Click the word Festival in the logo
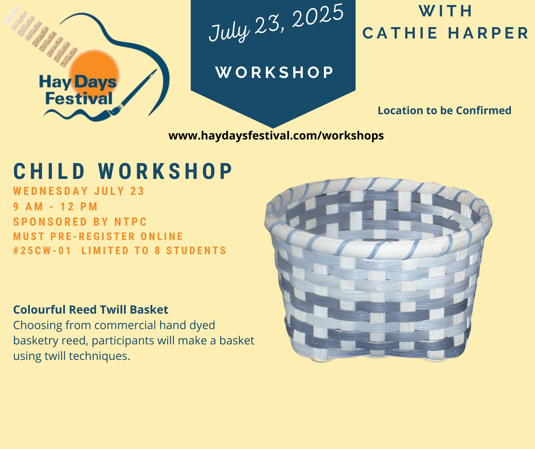[x=79, y=99]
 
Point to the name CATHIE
[x=400, y=34]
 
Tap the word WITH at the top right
[x=446, y=11]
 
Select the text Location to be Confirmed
[x=445, y=111]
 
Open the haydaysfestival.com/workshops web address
[x=276, y=135]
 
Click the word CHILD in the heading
[x=49, y=171]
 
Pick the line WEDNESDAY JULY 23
[x=79, y=191]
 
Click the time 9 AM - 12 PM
[x=55, y=207]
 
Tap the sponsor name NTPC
[x=131, y=222]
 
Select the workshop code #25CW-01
[x=42, y=250]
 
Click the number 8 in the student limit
[x=158, y=250]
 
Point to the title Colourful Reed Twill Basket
[x=91, y=310]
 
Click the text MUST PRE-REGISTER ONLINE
[x=98, y=237]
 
